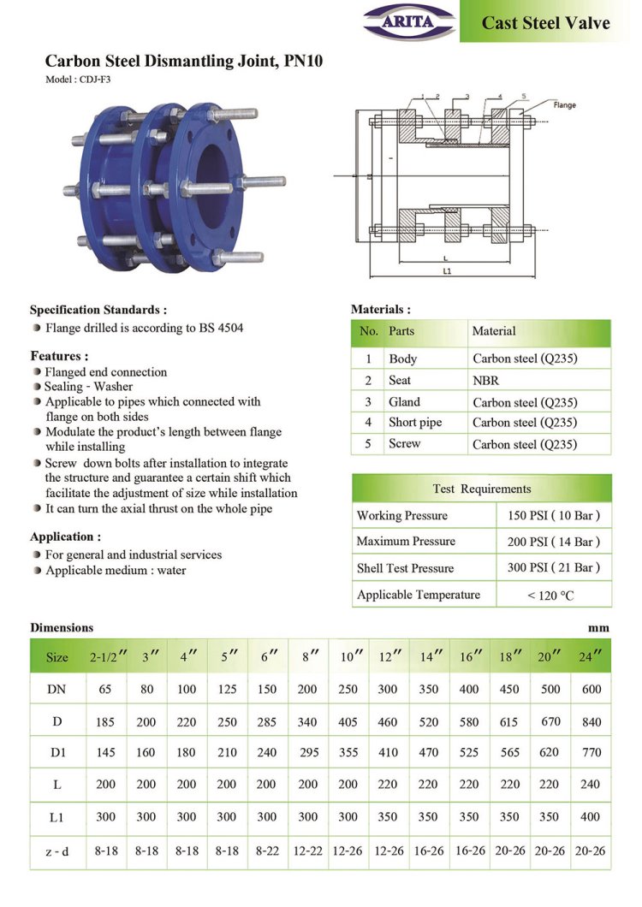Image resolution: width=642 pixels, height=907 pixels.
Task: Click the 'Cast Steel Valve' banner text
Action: point(545,22)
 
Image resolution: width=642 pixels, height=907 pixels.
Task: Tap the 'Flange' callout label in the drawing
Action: point(565,104)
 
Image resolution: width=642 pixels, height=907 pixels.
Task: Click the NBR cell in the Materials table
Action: point(485,380)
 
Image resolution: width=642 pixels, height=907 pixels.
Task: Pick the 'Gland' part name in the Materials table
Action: point(404,401)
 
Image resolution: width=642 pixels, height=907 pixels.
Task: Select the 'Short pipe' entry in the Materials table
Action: point(415,422)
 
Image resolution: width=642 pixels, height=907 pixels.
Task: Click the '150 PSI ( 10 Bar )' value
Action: point(555,515)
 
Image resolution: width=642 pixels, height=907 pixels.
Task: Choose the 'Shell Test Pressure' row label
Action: point(405,568)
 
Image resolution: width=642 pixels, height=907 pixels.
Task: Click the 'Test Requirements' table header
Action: point(481,489)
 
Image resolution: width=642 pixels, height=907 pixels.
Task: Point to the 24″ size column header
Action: point(591,657)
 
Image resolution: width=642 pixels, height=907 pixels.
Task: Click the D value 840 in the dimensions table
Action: point(591,721)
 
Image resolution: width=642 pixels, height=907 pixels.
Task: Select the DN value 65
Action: point(105,689)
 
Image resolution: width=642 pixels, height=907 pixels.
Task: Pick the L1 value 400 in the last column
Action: point(591,817)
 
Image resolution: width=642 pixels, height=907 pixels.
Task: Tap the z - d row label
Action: point(56,851)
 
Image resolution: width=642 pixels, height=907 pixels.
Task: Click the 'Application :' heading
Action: point(65,536)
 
